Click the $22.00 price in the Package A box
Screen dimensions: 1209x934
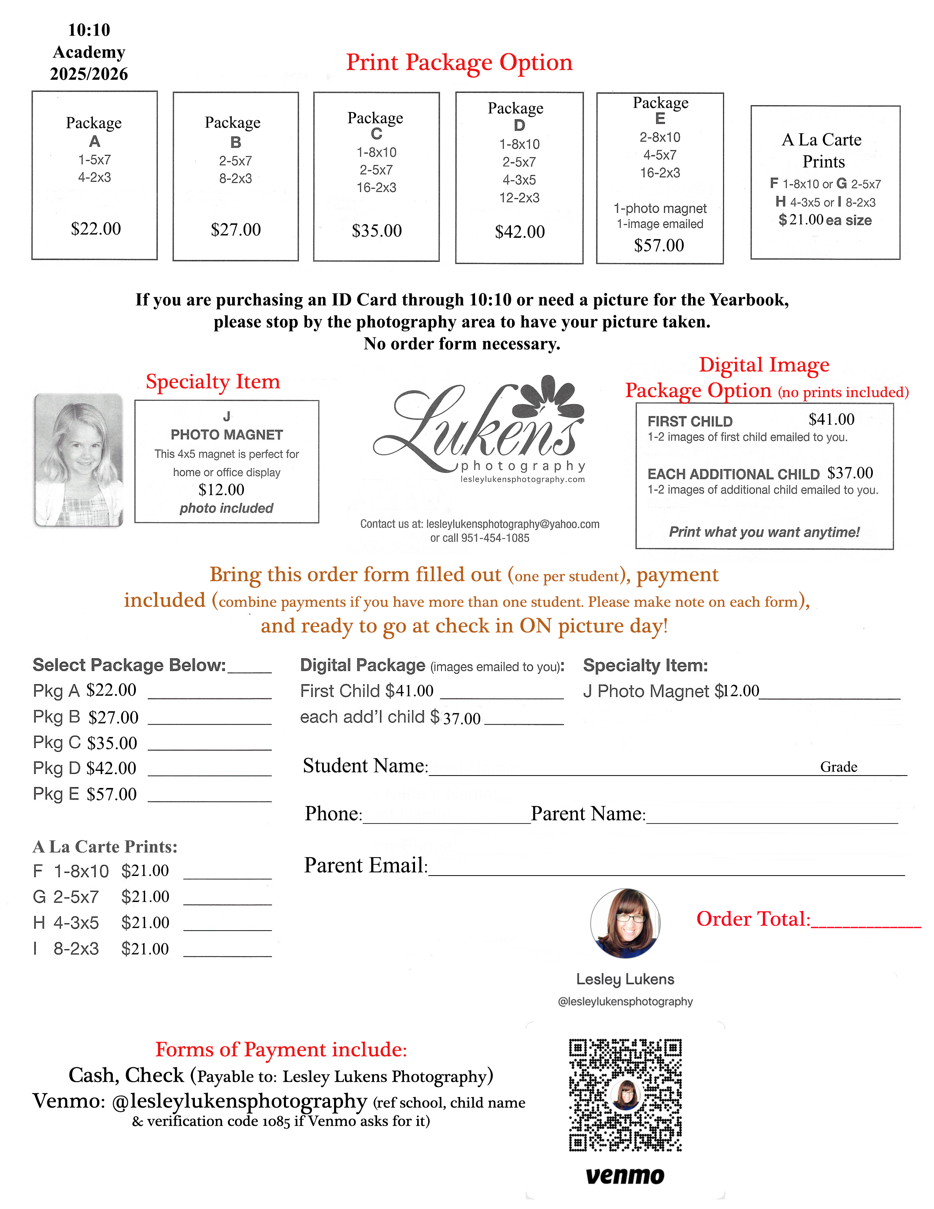coord(96,229)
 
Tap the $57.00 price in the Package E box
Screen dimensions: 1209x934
coord(659,245)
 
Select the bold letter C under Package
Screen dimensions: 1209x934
coord(376,134)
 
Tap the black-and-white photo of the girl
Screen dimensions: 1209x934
coord(79,459)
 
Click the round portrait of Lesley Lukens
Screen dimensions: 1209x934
coord(625,923)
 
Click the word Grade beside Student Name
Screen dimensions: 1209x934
coord(838,767)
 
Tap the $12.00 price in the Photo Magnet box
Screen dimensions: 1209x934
coord(221,490)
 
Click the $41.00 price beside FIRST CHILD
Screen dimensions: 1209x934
coord(831,419)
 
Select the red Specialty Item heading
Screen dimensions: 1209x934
coord(213,382)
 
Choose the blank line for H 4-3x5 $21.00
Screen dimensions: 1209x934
coord(227,929)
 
